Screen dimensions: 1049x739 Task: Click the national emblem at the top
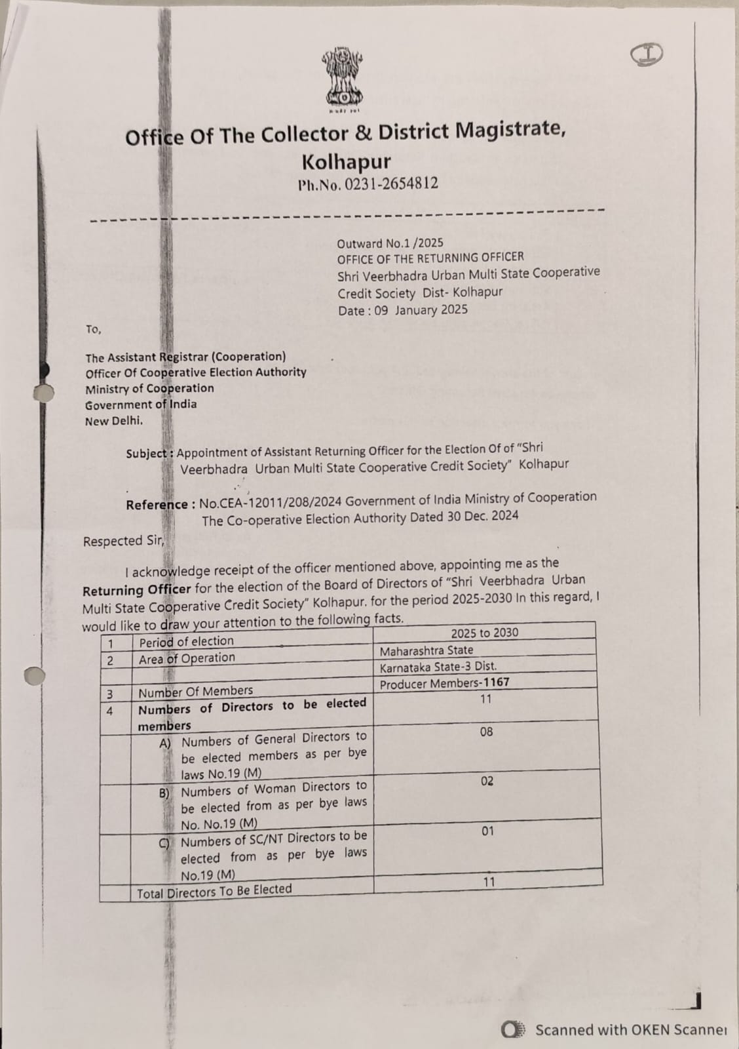pyautogui.click(x=342, y=75)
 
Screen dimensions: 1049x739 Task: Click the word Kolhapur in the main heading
pyautogui.click(x=346, y=161)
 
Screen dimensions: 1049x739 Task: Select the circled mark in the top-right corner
pyautogui.click(x=647, y=55)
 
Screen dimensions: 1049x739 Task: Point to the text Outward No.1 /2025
pyautogui.click(x=390, y=243)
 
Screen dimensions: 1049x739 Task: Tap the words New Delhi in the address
pyautogui.click(x=113, y=421)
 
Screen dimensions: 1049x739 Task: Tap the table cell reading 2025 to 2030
pyautogui.click(x=484, y=633)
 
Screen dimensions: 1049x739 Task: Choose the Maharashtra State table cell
pyautogui.click(x=426, y=650)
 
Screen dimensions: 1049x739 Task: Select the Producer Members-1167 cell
pyautogui.click(x=444, y=683)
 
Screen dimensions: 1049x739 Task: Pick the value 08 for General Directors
pyautogui.click(x=486, y=732)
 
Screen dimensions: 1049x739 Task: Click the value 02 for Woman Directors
pyautogui.click(x=487, y=782)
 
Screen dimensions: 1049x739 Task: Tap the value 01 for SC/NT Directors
pyautogui.click(x=487, y=831)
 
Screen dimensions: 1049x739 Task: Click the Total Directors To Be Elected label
pyautogui.click(x=214, y=891)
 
